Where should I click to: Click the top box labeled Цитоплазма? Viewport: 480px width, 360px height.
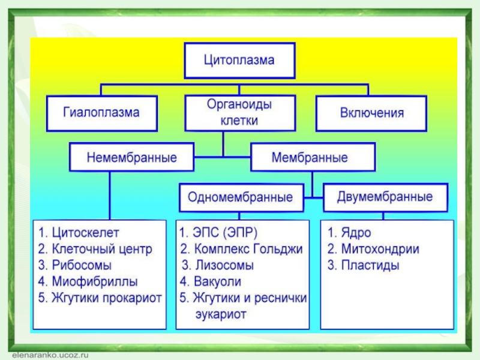[x=239, y=61]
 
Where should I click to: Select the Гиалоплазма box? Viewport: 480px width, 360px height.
[x=102, y=113]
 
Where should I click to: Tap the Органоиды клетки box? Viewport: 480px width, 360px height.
[x=240, y=113]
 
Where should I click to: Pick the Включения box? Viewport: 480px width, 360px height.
[x=371, y=113]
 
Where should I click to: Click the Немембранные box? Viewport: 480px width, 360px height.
[x=131, y=157]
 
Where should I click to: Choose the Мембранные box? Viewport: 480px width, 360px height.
[x=313, y=157]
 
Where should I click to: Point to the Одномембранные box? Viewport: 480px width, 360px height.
[x=241, y=197]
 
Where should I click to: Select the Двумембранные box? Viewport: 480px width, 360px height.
[x=386, y=197]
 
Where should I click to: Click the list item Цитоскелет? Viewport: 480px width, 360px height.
[x=85, y=233]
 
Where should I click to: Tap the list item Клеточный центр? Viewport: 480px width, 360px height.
[x=102, y=249]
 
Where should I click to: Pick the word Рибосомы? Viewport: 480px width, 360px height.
[x=82, y=265]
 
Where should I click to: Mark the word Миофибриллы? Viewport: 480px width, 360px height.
[x=95, y=281]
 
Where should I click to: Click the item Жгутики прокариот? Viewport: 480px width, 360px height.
[x=107, y=298]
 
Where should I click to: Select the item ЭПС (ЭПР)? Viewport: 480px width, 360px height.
[x=225, y=233]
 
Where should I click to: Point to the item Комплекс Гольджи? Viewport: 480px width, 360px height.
[x=248, y=249]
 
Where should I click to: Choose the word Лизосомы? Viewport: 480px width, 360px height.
[x=224, y=265]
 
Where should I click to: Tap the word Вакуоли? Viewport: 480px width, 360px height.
[x=217, y=281]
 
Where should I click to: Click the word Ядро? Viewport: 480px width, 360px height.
[x=356, y=233]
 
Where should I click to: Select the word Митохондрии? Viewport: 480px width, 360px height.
[x=380, y=249]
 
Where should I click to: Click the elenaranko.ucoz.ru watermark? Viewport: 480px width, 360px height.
[x=50, y=355]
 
